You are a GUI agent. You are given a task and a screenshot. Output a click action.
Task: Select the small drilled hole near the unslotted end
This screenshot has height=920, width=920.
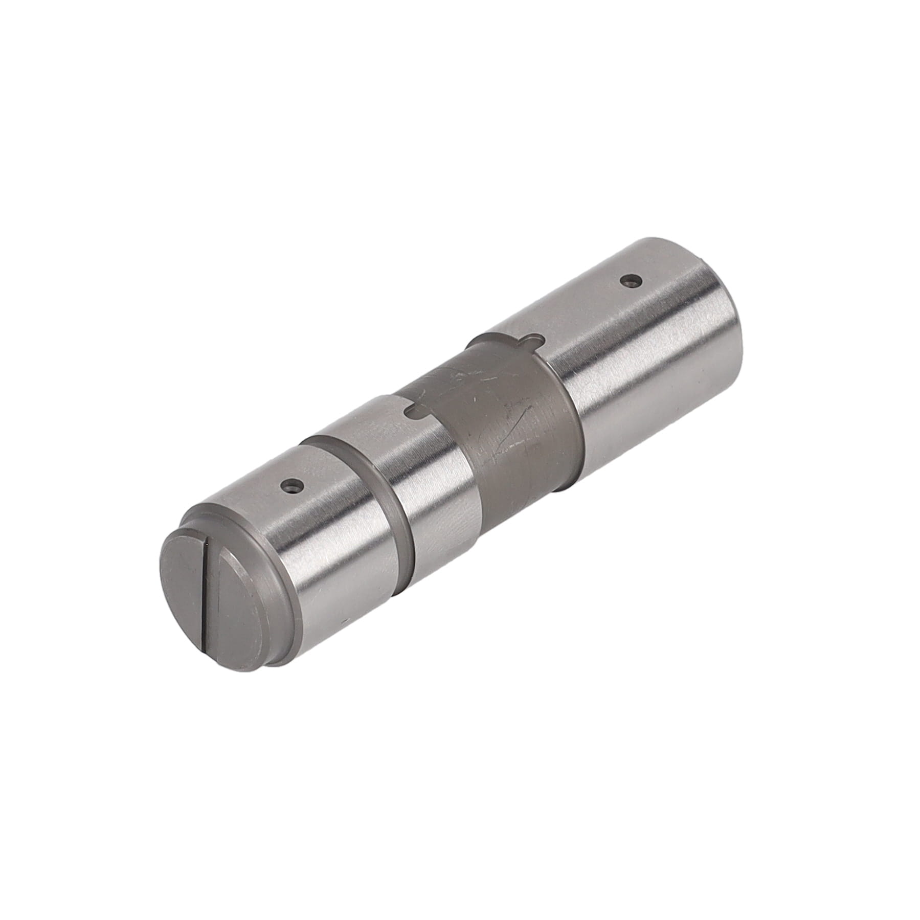tap(630, 280)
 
